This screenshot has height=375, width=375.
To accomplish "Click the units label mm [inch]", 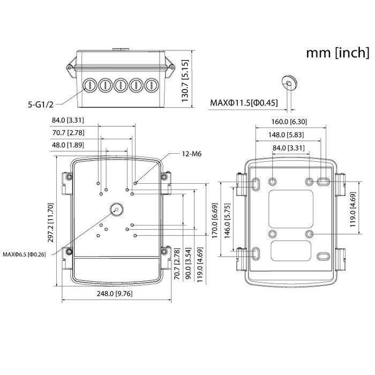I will click(x=337, y=52).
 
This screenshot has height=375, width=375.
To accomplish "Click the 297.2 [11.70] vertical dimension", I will click(x=50, y=220).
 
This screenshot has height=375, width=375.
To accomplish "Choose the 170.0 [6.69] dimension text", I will click(x=214, y=221).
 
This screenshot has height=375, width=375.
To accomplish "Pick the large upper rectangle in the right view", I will click(x=291, y=206).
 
